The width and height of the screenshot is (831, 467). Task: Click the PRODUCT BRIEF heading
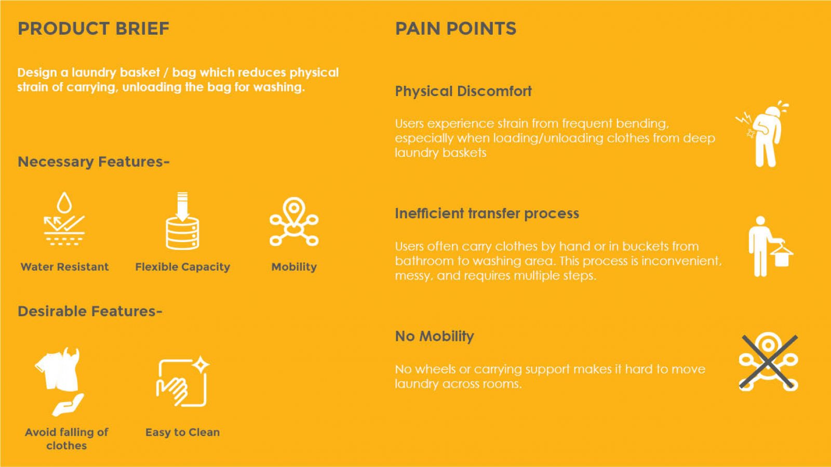coord(93,29)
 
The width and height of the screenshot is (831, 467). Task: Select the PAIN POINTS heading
coord(455,29)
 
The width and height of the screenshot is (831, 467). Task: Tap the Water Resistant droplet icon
coord(64,219)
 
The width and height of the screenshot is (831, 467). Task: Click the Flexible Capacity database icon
coord(182,221)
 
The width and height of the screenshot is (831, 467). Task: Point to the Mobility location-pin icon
coord(294,221)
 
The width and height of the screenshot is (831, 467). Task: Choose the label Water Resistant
coord(64,266)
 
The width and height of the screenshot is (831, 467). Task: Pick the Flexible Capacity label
coord(182,267)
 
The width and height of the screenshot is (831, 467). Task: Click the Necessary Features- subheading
coord(93,162)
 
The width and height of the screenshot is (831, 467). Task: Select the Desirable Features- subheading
coord(90,311)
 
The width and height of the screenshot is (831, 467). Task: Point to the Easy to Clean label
coord(182,433)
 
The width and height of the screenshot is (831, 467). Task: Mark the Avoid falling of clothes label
coord(66,439)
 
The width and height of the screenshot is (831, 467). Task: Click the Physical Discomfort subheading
coord(463,91)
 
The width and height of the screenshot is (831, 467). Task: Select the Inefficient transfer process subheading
coord(487,214)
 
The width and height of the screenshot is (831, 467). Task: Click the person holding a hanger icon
coord(769,246)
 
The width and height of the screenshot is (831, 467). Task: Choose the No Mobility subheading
coord(434,337)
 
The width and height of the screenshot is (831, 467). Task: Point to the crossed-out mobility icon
coord(769,362)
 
